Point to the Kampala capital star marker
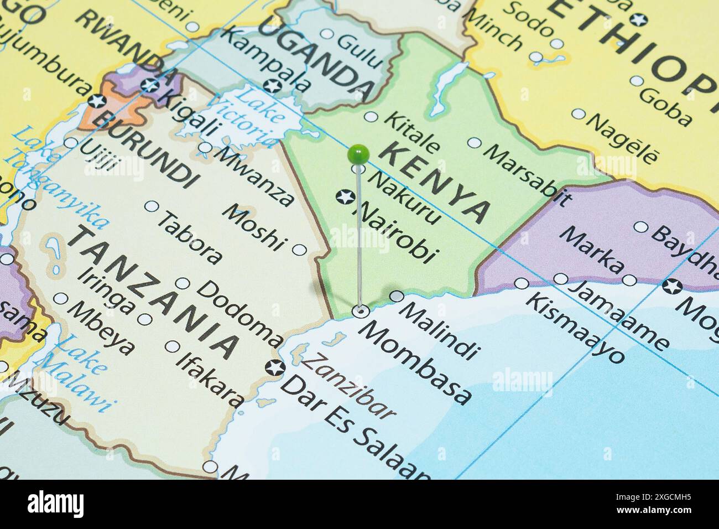[272, 86]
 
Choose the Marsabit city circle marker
[474, 143]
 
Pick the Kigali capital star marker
[149, 85]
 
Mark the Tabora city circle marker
[151, 206]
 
